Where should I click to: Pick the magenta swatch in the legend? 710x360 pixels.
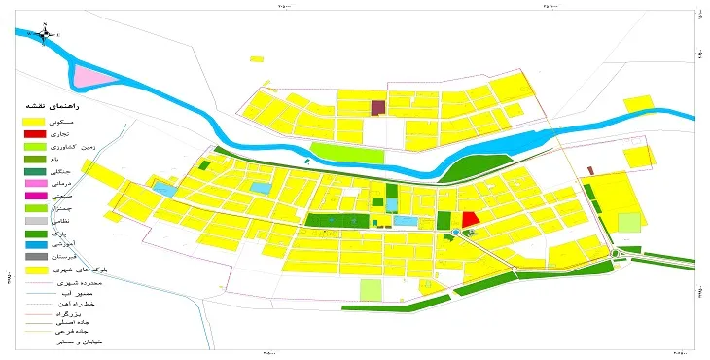click(35, 197)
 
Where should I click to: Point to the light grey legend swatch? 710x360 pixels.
click(35, 222)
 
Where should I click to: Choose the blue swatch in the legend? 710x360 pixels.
click(35, 247)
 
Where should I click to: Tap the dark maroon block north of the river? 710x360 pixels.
click(378, 106)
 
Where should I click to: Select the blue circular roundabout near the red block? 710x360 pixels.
click(455, 233)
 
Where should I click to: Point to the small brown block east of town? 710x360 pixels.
click(590, 170)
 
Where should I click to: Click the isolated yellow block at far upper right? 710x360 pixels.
click(638, 104)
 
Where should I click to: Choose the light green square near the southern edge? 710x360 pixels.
click(371, 289)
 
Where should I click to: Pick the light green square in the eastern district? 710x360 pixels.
click(629, 222)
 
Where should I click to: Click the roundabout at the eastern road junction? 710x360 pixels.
click(618, 255)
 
